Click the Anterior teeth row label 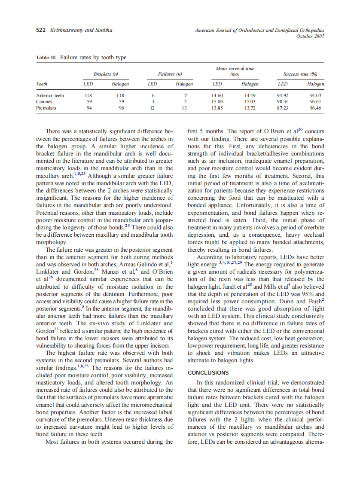coord(50,95)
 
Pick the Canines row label coord(45,102)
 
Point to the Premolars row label coord(46,108)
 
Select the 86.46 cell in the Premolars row coord(316,108)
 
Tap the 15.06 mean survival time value coord(217,102)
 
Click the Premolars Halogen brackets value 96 coord(121,108)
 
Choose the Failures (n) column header coord(170,74)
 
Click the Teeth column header coord(42,84)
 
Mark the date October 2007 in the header coord(310,36)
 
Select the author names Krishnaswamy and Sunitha coord(81,30)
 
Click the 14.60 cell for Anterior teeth coord(217,95)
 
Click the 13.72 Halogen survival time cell coord(250,108)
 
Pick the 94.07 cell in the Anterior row coord(316,95)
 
